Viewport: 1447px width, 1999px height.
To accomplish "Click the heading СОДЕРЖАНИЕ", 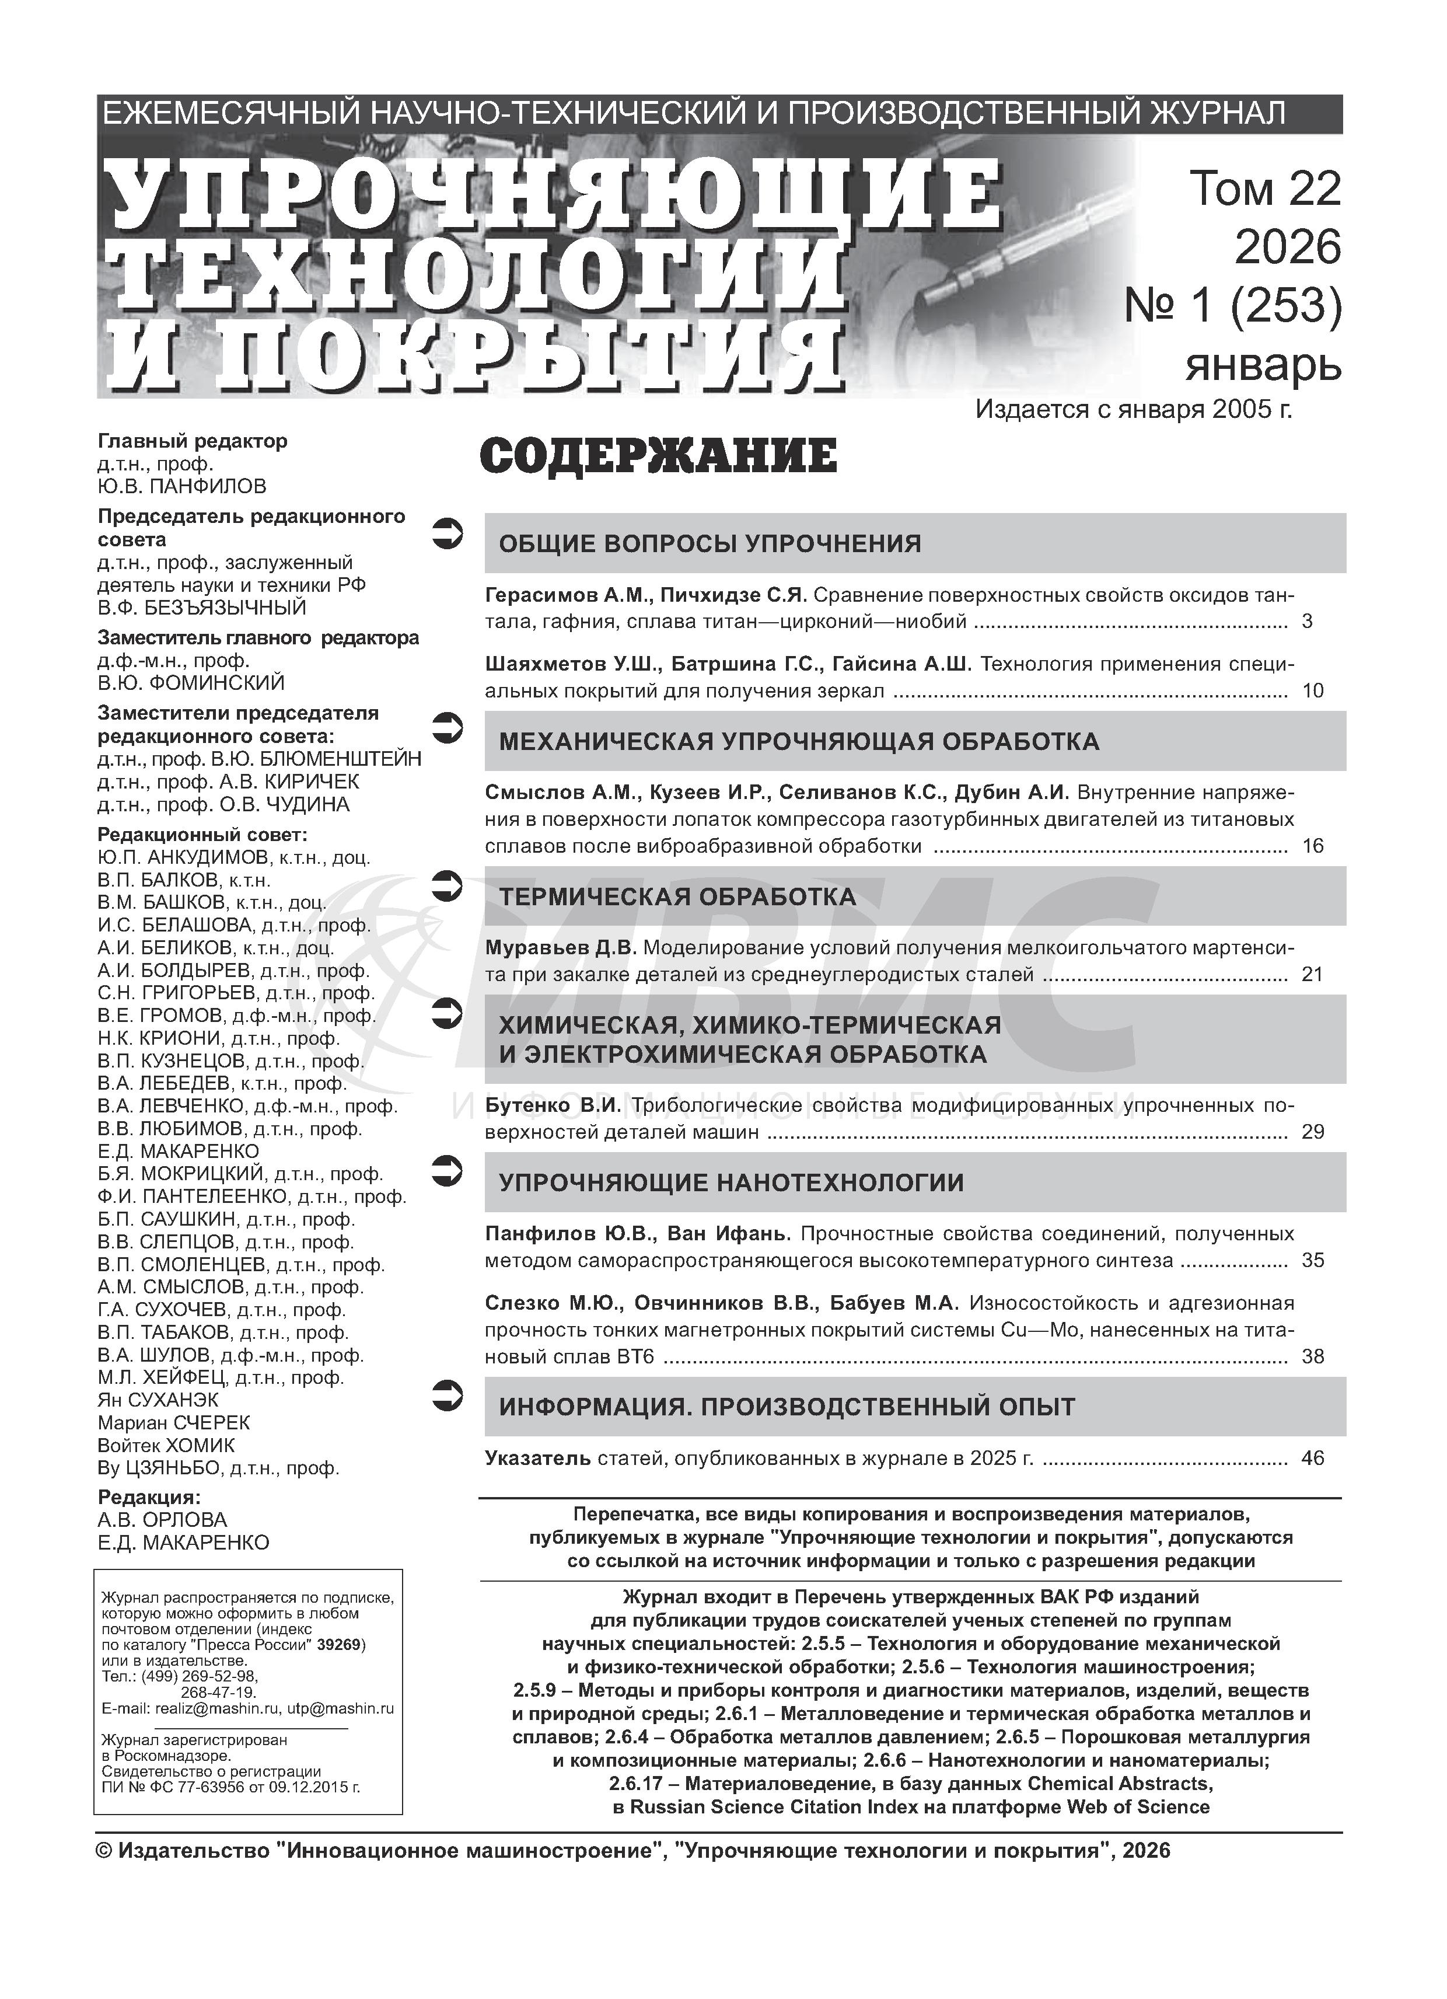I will (658, 456).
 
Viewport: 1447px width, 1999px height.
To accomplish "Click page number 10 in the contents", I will (1312, 691).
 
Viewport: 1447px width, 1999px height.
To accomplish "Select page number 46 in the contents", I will (1312, 1458).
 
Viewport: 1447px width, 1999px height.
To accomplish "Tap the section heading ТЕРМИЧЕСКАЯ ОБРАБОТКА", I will (677, 897).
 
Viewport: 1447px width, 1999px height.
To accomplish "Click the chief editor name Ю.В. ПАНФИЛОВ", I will (181, 487).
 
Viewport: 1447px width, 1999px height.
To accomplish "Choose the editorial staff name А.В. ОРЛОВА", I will (162, 1519).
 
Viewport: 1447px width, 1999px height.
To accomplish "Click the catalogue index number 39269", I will (341, 1645).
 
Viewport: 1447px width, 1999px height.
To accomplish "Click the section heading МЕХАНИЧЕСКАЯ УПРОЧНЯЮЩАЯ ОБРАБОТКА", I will (798, 741).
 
